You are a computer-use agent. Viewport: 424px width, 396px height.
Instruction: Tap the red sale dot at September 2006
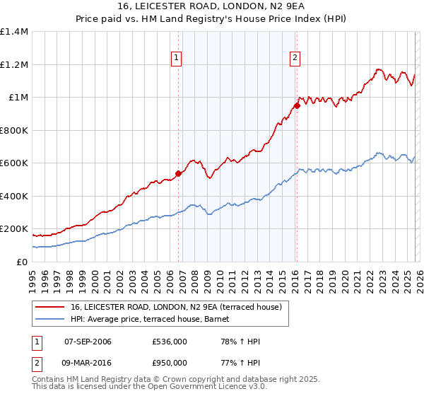tap(178, 173)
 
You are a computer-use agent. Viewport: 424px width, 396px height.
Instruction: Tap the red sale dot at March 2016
tap(297, 105)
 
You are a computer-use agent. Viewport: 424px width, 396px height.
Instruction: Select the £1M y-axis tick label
tap(18, 98)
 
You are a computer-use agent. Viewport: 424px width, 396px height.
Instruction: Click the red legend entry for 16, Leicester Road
tap(176, 307)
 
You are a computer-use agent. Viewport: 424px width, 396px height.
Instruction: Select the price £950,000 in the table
tap(170, 362)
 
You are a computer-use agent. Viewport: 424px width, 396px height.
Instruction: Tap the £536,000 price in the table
tap(170, 342)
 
